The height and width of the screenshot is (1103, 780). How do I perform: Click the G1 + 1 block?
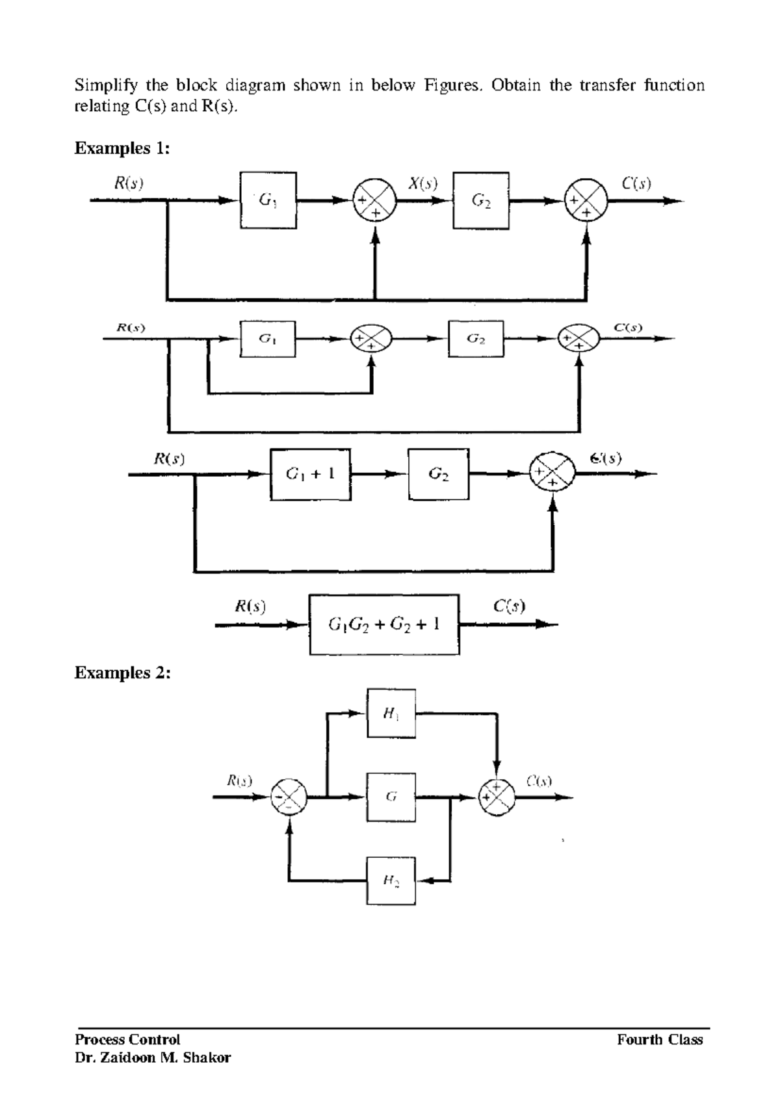311,474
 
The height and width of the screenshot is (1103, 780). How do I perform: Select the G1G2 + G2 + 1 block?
384,625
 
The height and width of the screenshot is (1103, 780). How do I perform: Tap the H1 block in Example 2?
391,713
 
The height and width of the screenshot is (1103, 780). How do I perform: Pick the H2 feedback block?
391,881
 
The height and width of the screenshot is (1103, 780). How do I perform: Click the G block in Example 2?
391,796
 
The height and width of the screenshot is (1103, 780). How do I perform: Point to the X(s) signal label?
422,184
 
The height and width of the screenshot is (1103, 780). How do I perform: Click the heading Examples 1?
122,148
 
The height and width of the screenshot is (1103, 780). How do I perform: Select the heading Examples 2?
122,672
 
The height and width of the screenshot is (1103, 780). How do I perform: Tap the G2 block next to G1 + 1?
439,474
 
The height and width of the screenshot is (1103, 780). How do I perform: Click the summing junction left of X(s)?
374,201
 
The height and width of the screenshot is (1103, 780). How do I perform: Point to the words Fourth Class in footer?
660,1040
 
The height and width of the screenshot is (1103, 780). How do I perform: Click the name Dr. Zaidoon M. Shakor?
153,1057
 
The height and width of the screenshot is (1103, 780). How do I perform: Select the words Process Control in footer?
127,1040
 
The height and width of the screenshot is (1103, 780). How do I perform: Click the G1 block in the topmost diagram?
268,200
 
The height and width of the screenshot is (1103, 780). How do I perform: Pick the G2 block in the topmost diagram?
481,200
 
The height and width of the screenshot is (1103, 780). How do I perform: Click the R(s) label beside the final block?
250,607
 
